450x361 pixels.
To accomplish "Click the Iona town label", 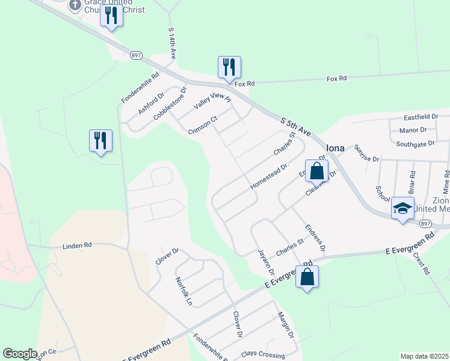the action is pyautogui.click(x=335, y=148).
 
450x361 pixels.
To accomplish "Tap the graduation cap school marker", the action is pyautogui.click(x=403, y=208).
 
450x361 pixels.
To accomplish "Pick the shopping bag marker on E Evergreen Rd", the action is pyautogui.click(x=307, y=277).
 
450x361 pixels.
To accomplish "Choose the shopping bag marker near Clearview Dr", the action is pyautogui.click(x=316, y=171).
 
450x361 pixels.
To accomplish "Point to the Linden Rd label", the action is pyautogui.click(x=78, y=245).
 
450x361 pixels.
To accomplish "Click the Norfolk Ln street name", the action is pyautogui.click(x=183, y=289).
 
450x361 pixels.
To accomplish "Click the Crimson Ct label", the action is pyautogui.click(x=202, y=125).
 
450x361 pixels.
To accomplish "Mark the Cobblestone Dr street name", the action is pyautogui.click(x=170, y=103).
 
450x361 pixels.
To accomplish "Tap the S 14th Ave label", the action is pyautogui.click(x=171, y=43).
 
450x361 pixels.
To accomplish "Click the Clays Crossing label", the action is pyautogui.click(x=262, y=354).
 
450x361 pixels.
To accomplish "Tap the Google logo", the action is pyautogui.click(x=20, y=354).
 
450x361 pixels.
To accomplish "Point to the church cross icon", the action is pyautogui.click(x=75, y=5).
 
